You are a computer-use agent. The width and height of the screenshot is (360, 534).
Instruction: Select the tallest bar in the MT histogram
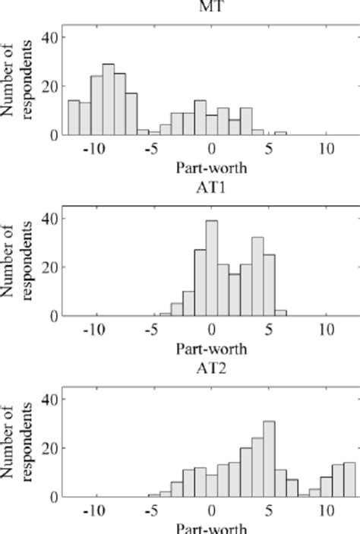click(108, 100)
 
